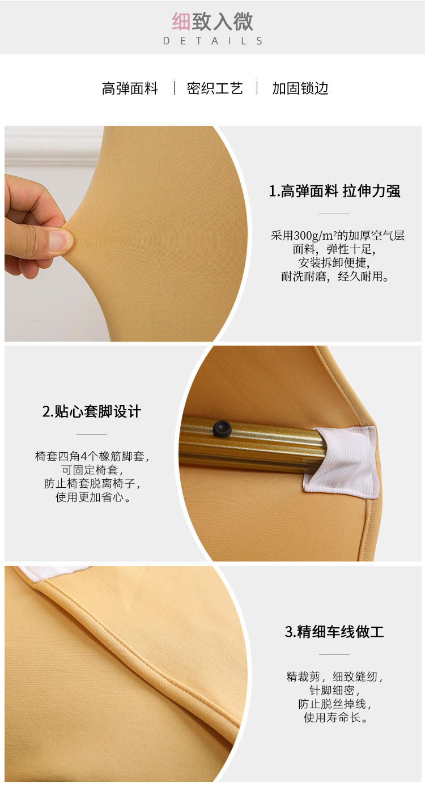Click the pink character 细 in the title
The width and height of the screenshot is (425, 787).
pos(181,22)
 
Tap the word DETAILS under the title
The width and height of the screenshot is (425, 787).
pos(212,41)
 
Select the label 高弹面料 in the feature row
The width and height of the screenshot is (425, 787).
pos(130,88)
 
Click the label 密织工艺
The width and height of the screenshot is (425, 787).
pos(215,88)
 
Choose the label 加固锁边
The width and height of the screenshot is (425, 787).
pos(300,88)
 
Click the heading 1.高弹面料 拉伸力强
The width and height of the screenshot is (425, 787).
pos(334,192)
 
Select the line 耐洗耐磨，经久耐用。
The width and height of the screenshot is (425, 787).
pos(334,277)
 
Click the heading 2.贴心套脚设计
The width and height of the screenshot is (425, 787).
pos(92,411)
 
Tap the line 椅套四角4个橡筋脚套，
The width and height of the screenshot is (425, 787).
pos(92,456)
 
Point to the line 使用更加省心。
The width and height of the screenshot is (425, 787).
pos(92,497)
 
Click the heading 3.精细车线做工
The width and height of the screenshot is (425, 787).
pos(334,632)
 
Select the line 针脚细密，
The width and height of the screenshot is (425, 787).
pos(334,691)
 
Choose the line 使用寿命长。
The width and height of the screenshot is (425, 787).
pos(334,718)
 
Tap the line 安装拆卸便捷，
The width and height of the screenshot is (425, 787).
pos(334,263)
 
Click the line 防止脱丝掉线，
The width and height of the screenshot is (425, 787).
pos(334,704)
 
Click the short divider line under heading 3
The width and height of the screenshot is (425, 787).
pos(334,655)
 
